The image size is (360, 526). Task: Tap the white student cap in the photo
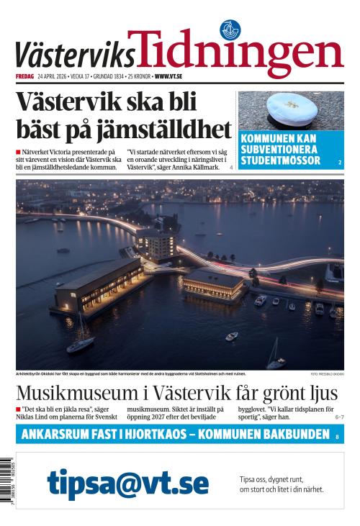coord(292,110)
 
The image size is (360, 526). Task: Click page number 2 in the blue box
coord(339,163)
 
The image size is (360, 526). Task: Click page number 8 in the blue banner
coord(336,436)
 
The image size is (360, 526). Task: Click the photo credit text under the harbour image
coord(327,374)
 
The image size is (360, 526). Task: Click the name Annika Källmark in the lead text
coord(204,167)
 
